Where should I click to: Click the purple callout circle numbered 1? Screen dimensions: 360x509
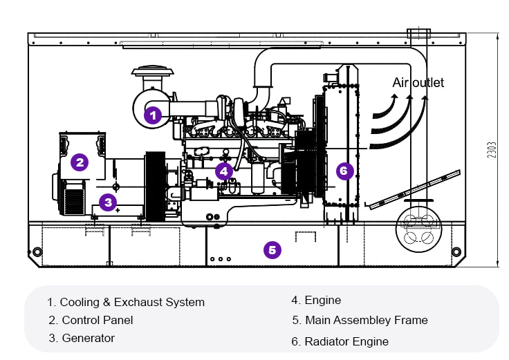pyautogui.click(x=153, y=115)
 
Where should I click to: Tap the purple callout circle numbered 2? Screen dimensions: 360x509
pyautogui.click(x=80, y=163)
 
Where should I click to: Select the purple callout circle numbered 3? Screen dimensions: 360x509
pyautogui.click(x=107, y=202)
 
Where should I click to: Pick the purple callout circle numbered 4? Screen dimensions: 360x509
pyautogui.click(x=223, y=170)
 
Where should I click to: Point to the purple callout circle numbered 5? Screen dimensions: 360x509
pyautogui.click(x=273, y=250)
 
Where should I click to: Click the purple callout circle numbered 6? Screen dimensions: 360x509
pyautogui.click(x=344, y=170)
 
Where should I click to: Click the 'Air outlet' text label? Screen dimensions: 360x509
pyautogui.click(x=418, y=83)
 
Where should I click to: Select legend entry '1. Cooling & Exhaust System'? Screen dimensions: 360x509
pyautogui.click(x=126, y=302)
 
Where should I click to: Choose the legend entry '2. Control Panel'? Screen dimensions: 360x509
pyautogui.click(x=91, y=320)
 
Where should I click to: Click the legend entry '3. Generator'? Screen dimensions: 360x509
pyautogui.click(x=82, y=338)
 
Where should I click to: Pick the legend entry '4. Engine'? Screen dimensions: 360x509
pyautogui.click(x=316, y=300)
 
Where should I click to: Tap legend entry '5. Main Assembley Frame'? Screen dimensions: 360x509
pyautogui.click(x=360, y=320)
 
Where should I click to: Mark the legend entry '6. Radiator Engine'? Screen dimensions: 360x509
pyautogui.click(x=340, y=341)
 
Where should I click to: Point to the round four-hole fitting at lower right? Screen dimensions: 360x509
pyautogui.click(x=418, y=229)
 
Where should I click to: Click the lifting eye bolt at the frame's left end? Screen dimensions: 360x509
pyautogui.click(x=32, y=250)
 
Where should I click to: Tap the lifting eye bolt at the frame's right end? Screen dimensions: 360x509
pyautogui.click(x=455, y=250)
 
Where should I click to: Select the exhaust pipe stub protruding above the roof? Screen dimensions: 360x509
pyautogui.click(x=418, y=33)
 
